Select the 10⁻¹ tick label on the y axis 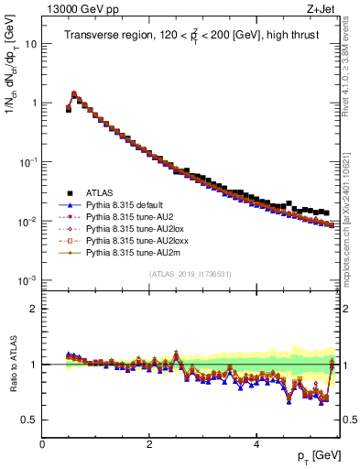pyautogui.click(x=27, y=162)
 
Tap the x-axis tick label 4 pyautogui.click(x=256, y=443)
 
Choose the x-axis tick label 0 pyautogui.click(x=42, y=443)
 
